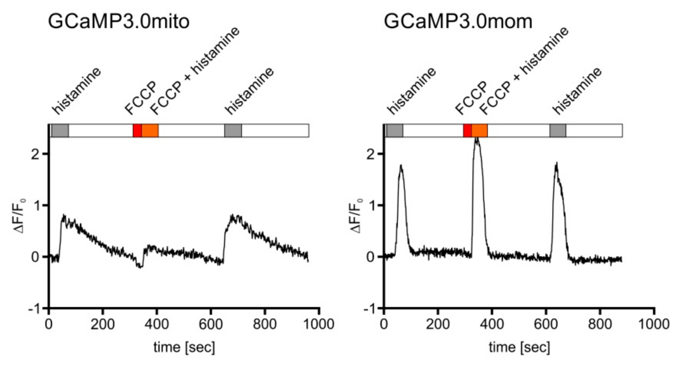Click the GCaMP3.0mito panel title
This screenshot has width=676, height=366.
[119, 21]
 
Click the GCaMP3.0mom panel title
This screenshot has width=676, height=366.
[458, 21]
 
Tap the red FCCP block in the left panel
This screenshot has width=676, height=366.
[137, 130]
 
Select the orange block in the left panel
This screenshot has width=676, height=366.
[150, 130]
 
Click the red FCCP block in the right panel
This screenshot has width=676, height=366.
[467, 130]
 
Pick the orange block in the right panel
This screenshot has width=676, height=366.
[479, 130]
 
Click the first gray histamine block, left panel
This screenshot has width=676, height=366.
[60, 130]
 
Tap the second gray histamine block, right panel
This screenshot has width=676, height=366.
[557, 130]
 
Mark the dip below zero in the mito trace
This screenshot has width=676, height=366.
[139, 266]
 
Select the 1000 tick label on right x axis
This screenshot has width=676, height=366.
[654, 324]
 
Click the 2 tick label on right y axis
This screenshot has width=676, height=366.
[370, 155]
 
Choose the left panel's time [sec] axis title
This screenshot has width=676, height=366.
[184, 347]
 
